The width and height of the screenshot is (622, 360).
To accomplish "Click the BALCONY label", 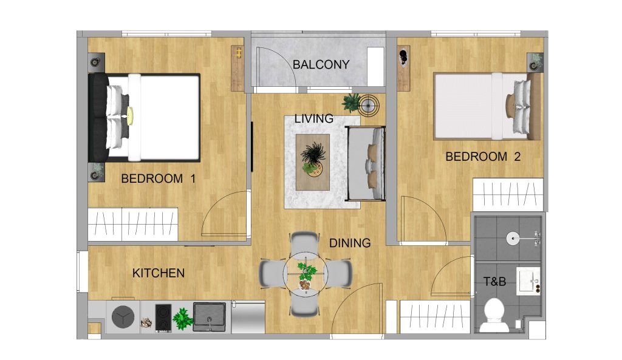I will (x=321, y=64).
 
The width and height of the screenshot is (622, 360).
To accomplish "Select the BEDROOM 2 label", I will (x=483, y=157).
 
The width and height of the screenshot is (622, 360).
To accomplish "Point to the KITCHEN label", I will (x=158, y=273).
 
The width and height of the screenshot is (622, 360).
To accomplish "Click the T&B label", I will (x=495, y=282).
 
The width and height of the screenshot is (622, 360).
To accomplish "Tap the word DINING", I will (x=350, y=243).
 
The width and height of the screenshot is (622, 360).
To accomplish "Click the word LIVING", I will (x=314, y=119).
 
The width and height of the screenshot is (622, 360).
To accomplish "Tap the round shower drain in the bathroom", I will (x=514, y=238).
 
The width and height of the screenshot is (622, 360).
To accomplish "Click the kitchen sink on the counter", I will (x=210, y=316).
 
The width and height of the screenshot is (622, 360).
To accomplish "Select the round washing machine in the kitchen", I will (x=123, y=316).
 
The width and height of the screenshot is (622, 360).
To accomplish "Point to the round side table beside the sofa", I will (x=369, y=106).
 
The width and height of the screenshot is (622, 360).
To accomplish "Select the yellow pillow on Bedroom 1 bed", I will (x=130, y=114).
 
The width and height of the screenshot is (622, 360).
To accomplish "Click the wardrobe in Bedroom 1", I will (x=132, y=224).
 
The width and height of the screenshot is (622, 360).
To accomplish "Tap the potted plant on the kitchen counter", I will (x=182, y=317).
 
